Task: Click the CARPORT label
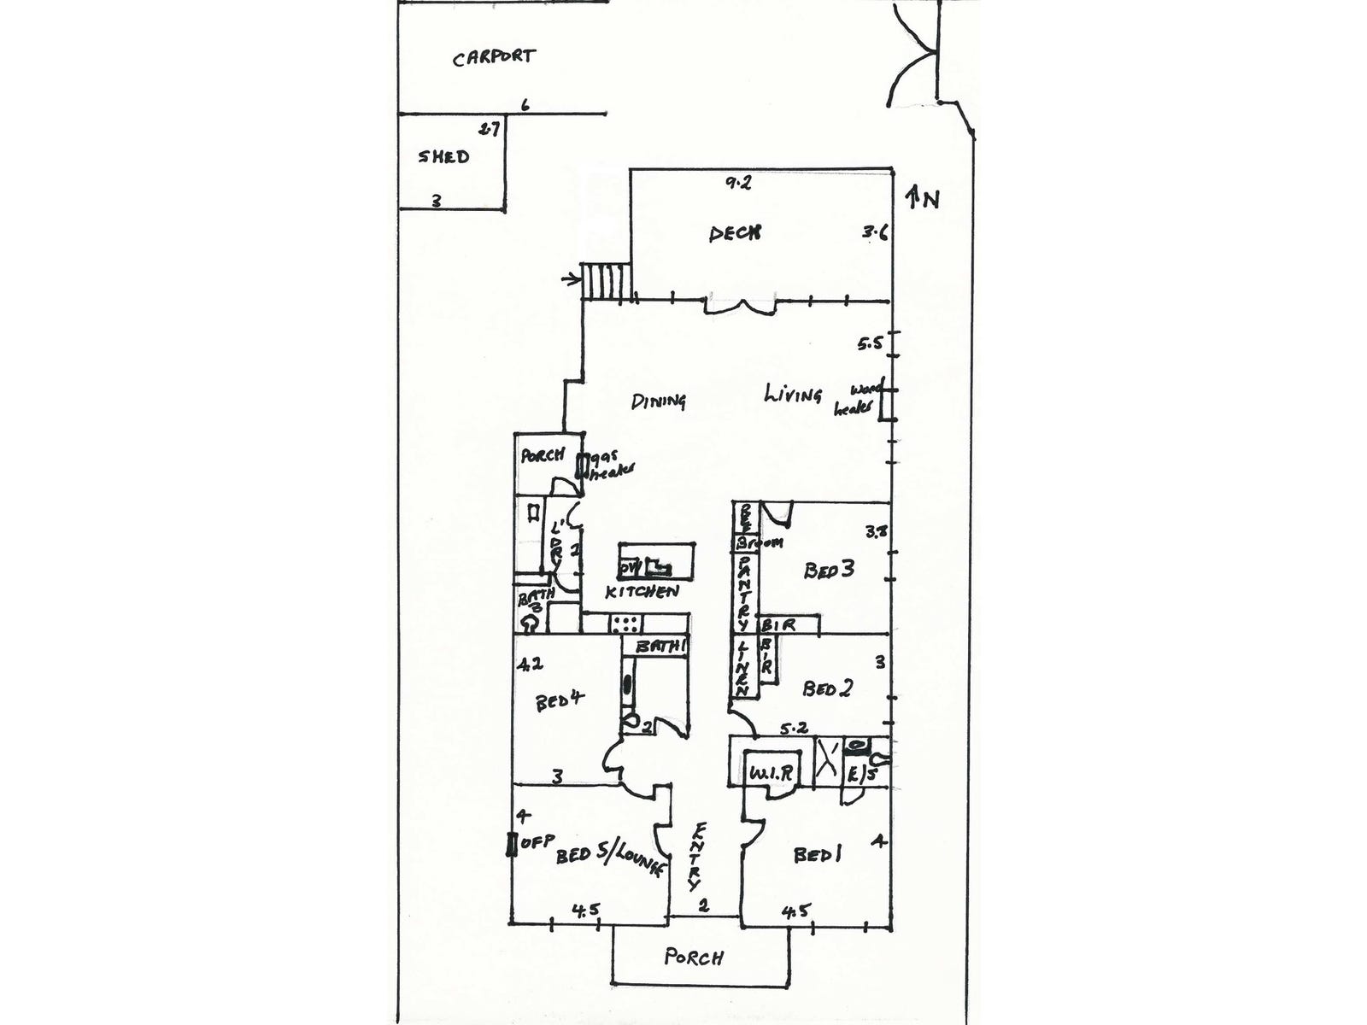click(x=494, y=57)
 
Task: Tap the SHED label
click(x=443, y=156)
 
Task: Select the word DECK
click(x=735, y=232)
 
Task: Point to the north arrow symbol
click(x=914, y=197)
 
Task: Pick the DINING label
click(x=659, y=401)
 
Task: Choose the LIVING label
click(x=793, y=394)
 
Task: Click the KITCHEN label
click(x=642, y=591)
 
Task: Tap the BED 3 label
click(x=828, y=570)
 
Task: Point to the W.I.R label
click(x=772, y=773)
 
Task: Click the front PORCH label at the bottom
click(x=693, y=957)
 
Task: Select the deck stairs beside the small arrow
click(x=606, y=280)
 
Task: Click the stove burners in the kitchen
click(x=625, y=624)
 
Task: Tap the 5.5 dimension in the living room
click(x=870, y=344)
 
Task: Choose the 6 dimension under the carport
click(x=525, y=105)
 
